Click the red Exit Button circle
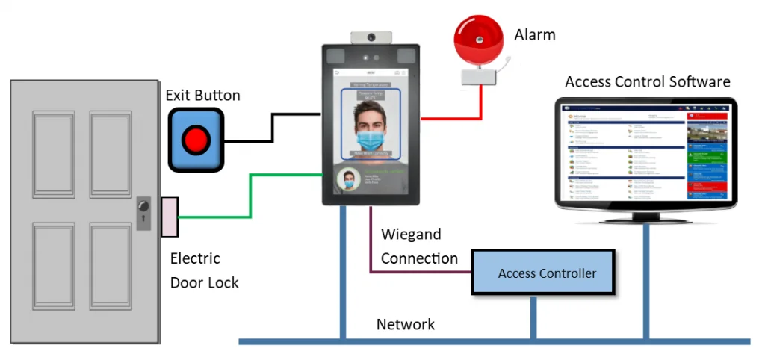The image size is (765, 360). [x=196, y=139]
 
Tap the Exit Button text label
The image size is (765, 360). [x=202, y=96]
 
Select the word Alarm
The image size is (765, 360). [x=535, y=34]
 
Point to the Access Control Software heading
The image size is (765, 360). [x=647, y=81]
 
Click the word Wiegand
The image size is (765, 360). [x=411, y=234]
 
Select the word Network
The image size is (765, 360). [x=406, y=324]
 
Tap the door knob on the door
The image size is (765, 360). [x=144, y=205]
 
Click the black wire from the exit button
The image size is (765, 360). [x=272, y=127]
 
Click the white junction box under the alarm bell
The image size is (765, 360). [x=480, y=76]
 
